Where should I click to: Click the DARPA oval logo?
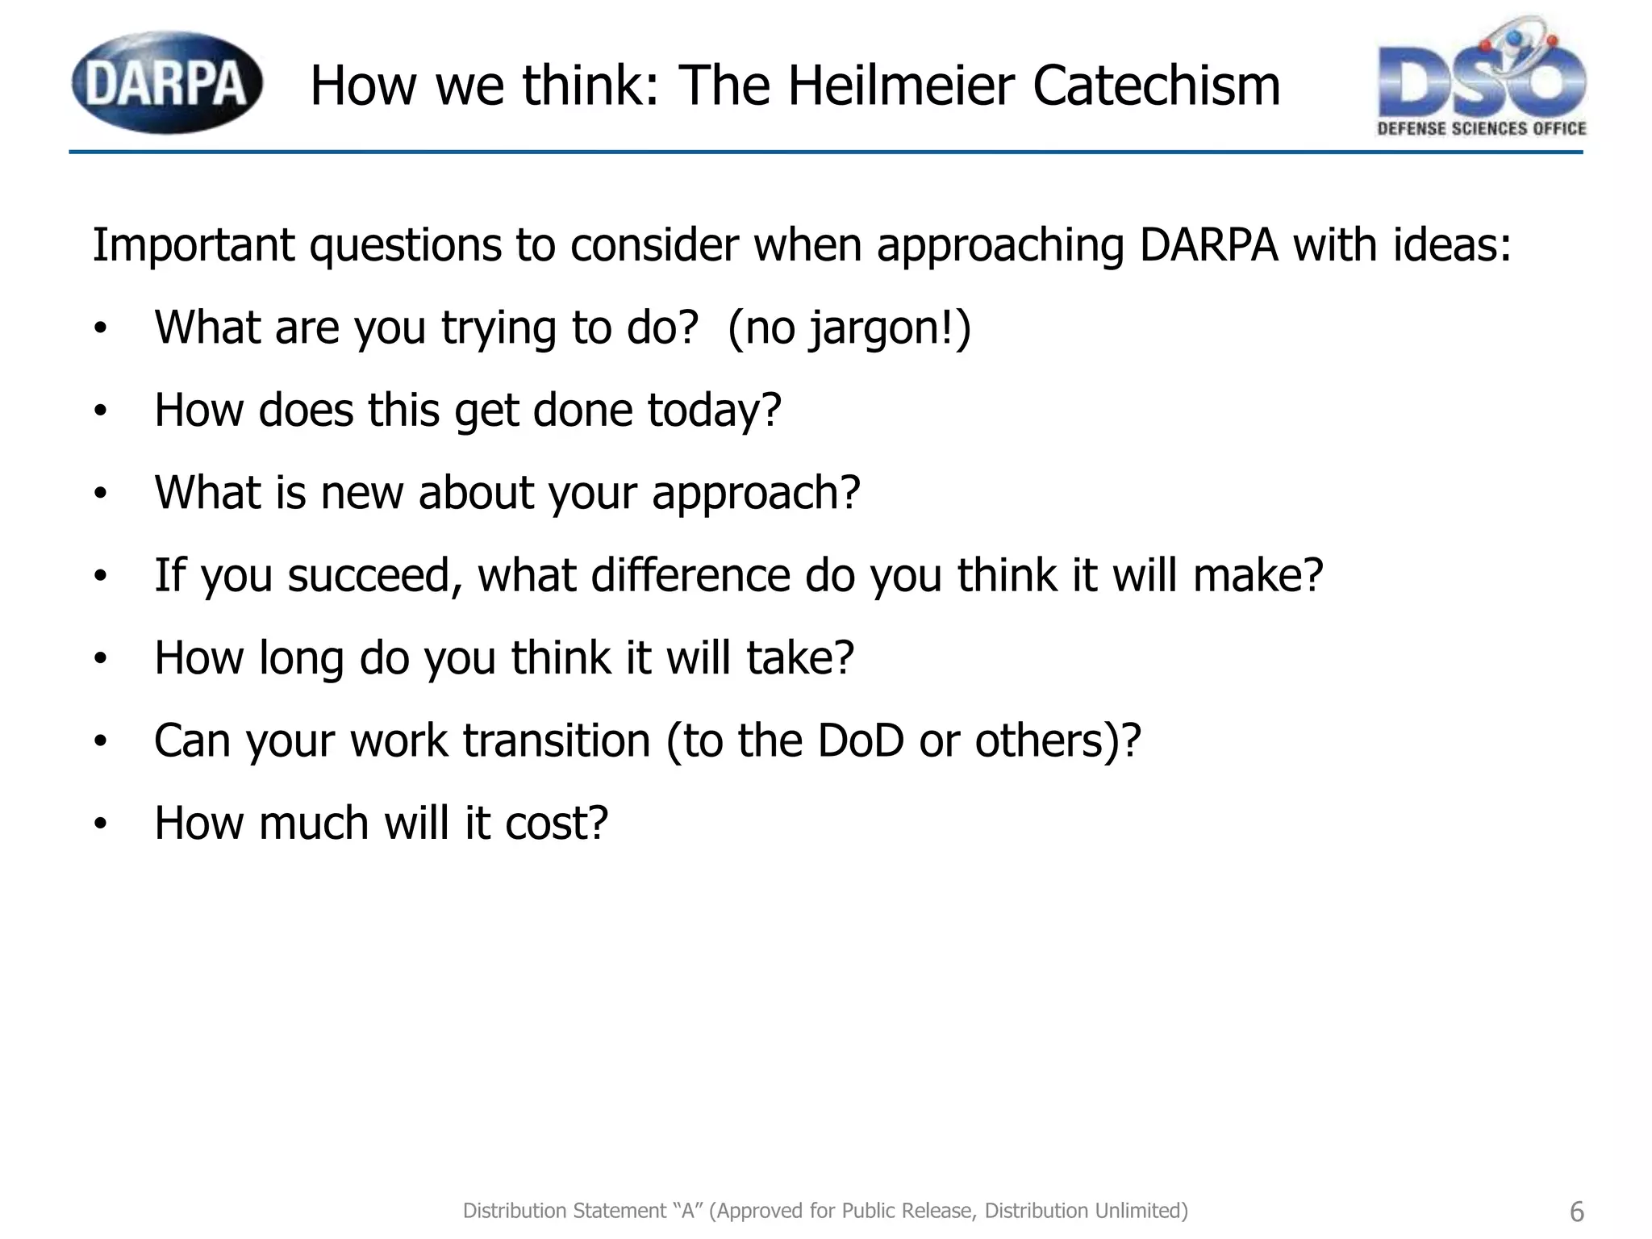tap(167, 83)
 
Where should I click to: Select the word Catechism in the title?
tap(1156, 86)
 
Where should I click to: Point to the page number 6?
tap(1577, 1212)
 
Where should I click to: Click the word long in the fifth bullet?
tap(301, 660)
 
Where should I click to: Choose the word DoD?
tap(861, 740)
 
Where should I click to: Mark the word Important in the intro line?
tap(194, 245)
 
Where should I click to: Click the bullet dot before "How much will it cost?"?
tap(100, 824)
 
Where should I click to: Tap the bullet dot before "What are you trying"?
tap(100, 329)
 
